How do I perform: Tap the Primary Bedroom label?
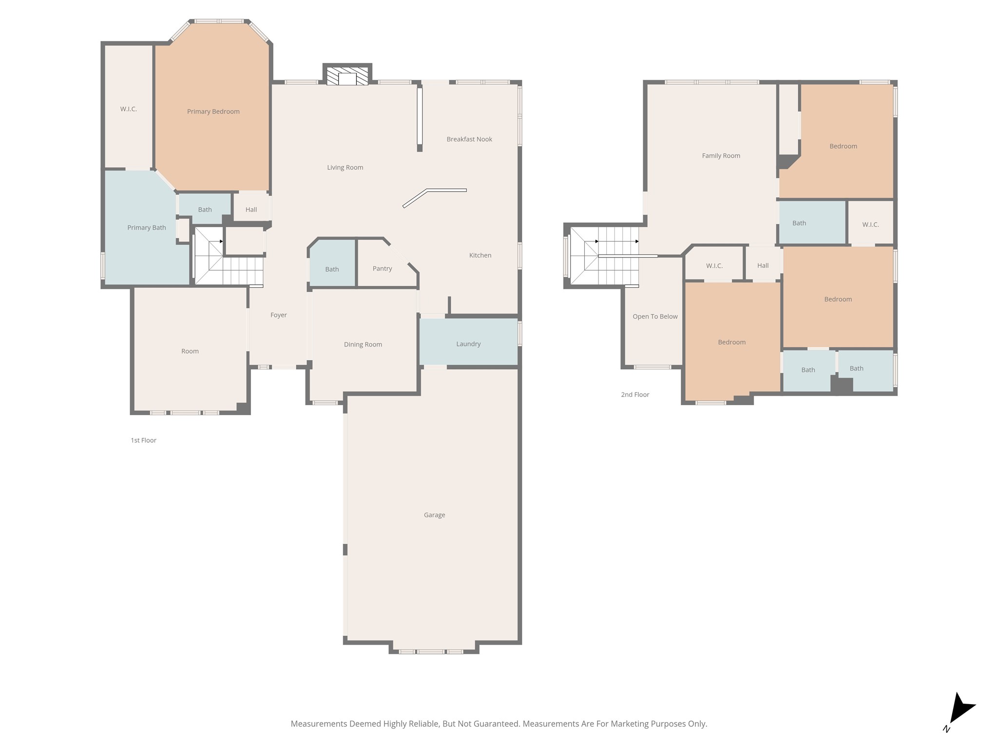click(x=213, y=112)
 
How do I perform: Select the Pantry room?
click(x=382, y=269)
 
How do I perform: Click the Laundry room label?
click(x=468, y=344)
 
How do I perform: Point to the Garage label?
click(x=434, y=515)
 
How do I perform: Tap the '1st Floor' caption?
click(x=143, y=440)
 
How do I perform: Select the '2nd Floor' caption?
click(x=634, y=394)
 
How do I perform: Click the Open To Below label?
click(x=654, y=316)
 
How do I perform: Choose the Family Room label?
click(x=720, y=156)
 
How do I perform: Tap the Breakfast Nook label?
click(x=469, y=139)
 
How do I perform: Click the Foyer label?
click(x=278, y=315)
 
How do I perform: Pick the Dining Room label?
click(x=363, y=344)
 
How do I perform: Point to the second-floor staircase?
click(x=604, y=256)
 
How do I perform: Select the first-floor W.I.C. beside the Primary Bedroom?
click(x=128, y=109)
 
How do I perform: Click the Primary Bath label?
click(x=146, y=228)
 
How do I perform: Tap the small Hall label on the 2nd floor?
click(x=763, y=266)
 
